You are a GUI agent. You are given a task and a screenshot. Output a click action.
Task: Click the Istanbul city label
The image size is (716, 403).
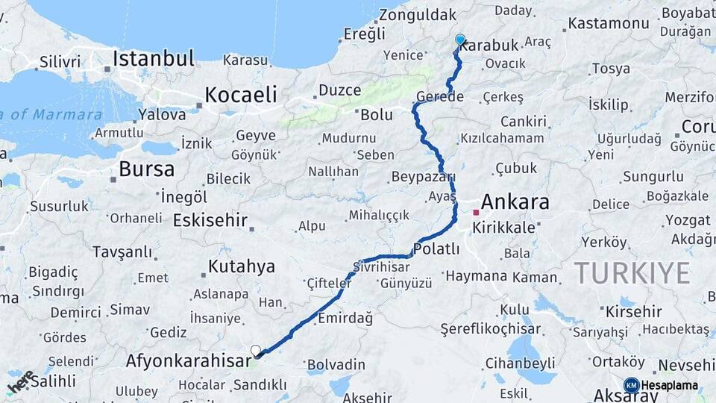(x=154, y=58)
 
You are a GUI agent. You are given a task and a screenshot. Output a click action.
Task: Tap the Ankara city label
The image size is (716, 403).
(x=515, y=201)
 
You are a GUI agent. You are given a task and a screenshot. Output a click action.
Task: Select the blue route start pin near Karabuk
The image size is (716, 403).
(x=460, y=40)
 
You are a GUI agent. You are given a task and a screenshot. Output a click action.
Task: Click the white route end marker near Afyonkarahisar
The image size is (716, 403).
(x=256, y=350)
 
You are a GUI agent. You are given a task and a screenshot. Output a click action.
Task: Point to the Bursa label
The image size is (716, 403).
(x=146, y=169)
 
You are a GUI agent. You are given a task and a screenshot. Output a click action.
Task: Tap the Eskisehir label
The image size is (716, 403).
(x=210, y=220)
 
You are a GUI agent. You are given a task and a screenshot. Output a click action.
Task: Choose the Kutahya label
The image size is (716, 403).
(x=242, y=266)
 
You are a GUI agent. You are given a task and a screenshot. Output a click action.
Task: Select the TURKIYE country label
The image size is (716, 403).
(x=631, y=273)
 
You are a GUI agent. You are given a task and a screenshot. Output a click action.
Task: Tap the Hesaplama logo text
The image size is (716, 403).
(x=669, y=385)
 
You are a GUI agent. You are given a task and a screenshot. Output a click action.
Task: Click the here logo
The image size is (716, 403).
(x=21, y=382)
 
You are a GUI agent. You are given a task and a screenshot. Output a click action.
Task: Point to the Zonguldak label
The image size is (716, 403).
(x=418, y=15)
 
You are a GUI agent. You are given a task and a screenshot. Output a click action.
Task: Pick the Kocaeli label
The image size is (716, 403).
(x=241, y=95)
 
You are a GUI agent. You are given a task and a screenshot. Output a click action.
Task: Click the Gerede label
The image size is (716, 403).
(x=440, y=97)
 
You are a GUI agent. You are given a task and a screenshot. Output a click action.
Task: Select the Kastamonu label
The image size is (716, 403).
(x=609, y=23)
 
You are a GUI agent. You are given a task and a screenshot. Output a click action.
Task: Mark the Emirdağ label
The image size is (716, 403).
(x=345, y=318)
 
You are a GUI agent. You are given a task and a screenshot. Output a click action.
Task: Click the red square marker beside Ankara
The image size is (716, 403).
(x=476, y=213)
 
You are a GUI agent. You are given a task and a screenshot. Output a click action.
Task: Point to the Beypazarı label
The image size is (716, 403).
(x=423, y=177)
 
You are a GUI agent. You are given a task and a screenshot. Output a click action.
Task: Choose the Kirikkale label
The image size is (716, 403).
(x=503, y=228)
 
